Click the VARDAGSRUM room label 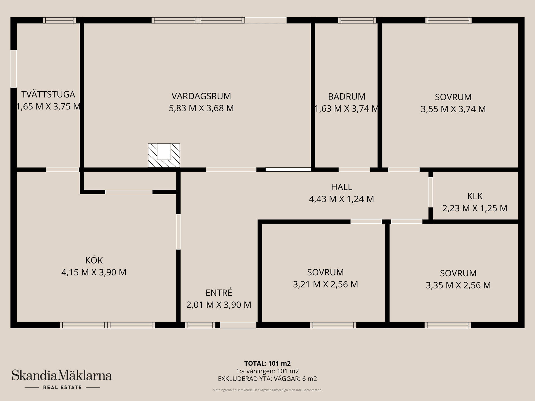[x=201, y=96]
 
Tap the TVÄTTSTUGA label [x=48, y=94]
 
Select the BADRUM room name [x=346, y=96]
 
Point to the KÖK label [x=94, y=260]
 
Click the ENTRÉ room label [x=219, y=293]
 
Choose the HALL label [x=341, y=187]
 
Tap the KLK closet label [x=475, y=196]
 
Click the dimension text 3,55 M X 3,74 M [x=453, y=109]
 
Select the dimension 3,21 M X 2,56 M [x=325, y=284]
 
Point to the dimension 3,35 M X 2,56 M [x=458, y=285]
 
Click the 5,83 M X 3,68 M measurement [x=201, y=108]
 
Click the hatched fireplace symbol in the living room [x=164, y=155]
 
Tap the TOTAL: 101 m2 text [x=267, y=363]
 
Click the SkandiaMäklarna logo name [x=62, y=375]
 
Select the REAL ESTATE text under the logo [x=62, y=387]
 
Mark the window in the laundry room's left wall [x=13, y=69]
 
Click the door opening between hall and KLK [x=431, y=192]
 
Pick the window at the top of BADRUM [x=357, y=20]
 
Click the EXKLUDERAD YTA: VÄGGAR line [x=267, y=379]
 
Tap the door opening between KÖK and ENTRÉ [x=178, y=232]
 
